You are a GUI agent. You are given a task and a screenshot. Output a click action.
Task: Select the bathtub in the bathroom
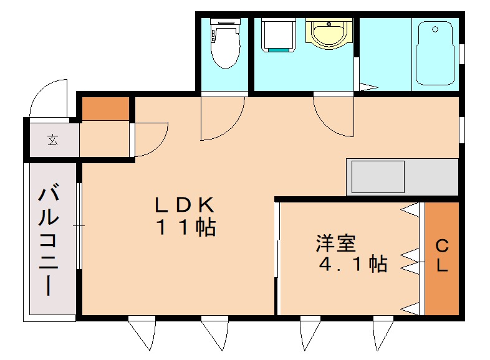(x=436, y=53)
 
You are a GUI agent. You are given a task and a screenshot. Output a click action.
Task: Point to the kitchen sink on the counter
(x=378, y=177)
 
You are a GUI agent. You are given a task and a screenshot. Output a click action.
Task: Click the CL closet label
(x=441, y=255)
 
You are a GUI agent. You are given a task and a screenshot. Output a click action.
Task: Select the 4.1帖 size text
(x=352, y=264)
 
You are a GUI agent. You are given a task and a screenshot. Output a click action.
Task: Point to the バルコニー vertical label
(x=49, y=240)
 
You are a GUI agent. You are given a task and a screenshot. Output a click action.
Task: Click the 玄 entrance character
(x=52, y=140)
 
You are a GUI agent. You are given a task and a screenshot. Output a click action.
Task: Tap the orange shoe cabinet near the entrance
(x=106, y=109)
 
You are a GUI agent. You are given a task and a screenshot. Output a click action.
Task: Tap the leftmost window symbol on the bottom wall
(x=143, y=333)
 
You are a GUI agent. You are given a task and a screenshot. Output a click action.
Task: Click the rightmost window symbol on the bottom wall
(x=382, y=333)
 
